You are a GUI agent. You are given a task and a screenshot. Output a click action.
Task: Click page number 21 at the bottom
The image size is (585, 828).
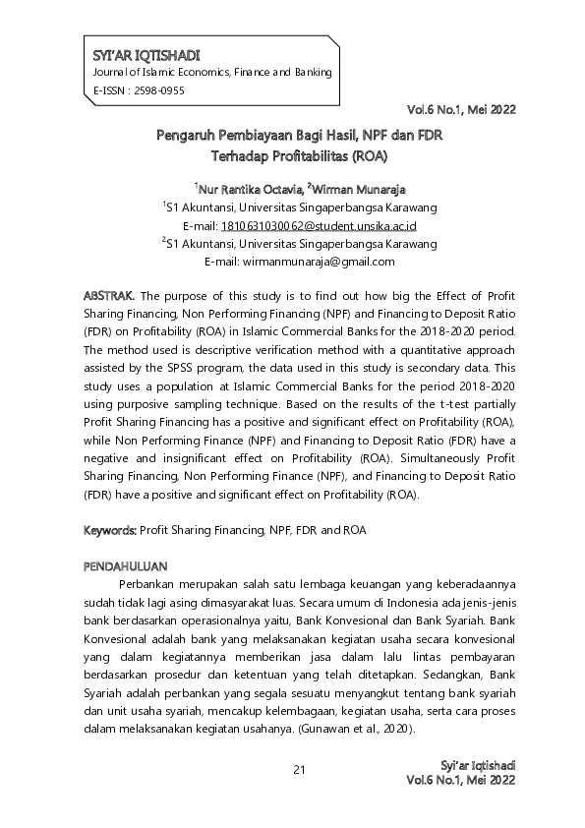pyautogui.click(x=299, y=769)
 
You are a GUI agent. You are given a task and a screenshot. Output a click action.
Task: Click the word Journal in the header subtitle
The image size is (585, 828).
pyautogui.click(x=110, y=73)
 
